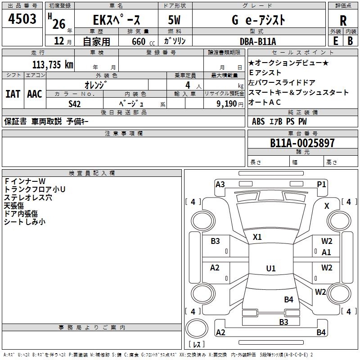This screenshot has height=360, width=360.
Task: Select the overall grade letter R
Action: tap(343, 21)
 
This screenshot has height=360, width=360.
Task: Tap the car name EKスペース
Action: tap(117, 20)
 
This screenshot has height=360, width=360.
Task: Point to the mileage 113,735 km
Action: tap(53, 64)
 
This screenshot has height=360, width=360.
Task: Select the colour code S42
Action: tap(75, 103)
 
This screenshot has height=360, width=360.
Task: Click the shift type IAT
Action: tap(13, 94)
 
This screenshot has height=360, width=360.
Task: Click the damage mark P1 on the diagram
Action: tap(321, 184)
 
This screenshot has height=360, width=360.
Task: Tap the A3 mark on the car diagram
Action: tap(220, 184)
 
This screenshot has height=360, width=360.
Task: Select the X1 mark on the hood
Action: tap(257, 237)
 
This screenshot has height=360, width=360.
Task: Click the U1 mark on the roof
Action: tap(271, 269)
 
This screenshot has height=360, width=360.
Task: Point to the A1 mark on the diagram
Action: tap(326, 252)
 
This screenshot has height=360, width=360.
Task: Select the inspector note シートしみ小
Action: tap(25, 221)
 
